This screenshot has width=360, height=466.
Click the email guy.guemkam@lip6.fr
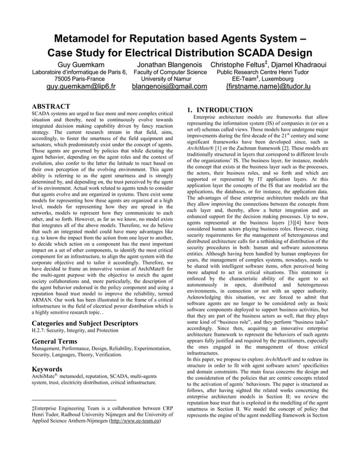click(x=81, y=87)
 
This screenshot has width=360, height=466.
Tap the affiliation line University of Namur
click(x=169, y=80)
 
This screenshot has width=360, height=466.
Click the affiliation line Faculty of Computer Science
click(x=170, y=72)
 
